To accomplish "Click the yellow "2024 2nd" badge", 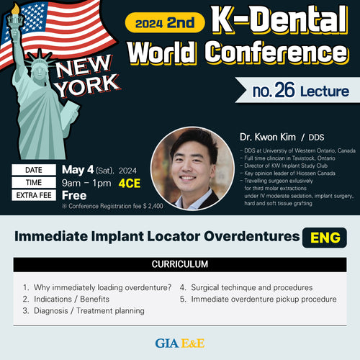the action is (165, 22).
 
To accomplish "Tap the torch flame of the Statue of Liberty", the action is (15, 9).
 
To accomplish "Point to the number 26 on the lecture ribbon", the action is (284, 90).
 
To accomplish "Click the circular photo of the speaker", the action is (192, 168).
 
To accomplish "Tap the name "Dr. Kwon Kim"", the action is (268, 137).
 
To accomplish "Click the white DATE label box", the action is (34, 170).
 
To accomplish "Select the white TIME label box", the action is (34, 182).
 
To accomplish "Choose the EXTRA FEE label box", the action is (34, 195).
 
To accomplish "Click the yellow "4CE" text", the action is (130, 184).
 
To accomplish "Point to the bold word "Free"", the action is (74, 195).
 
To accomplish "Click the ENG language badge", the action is (325, 238).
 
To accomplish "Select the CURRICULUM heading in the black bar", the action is (180, 264).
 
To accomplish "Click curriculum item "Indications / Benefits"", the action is (71, 299).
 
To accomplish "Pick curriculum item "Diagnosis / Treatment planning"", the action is (89, 311).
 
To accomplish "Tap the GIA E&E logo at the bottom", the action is (180, 343).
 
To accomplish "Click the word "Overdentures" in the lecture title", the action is (252, 236).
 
